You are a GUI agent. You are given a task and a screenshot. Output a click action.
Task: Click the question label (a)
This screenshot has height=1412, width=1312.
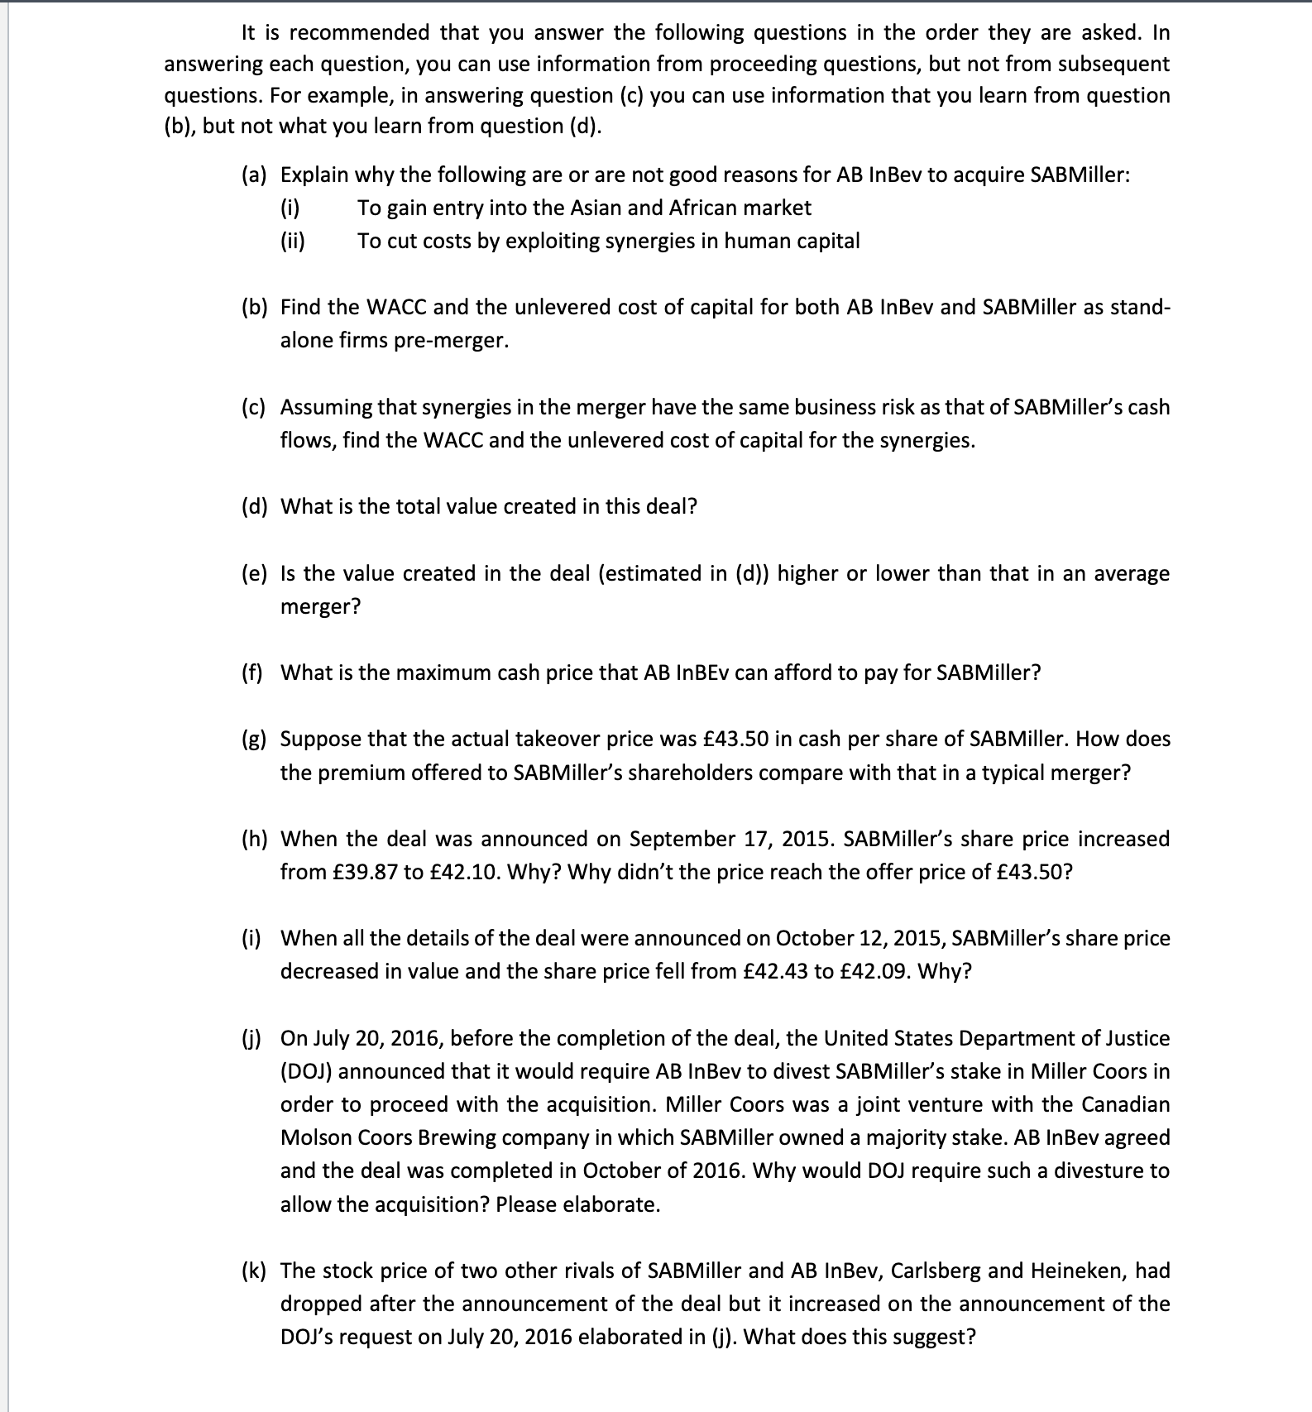255,175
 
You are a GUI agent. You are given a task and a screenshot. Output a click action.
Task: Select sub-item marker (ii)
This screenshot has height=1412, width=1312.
293,242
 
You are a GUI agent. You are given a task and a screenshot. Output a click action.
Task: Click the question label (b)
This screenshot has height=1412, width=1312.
255,308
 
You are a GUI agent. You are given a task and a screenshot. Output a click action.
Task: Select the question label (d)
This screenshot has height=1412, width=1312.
255,507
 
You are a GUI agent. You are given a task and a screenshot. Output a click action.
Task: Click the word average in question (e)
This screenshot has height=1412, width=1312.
1132,574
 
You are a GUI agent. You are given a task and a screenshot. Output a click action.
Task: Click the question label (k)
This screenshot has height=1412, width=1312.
255,1271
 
